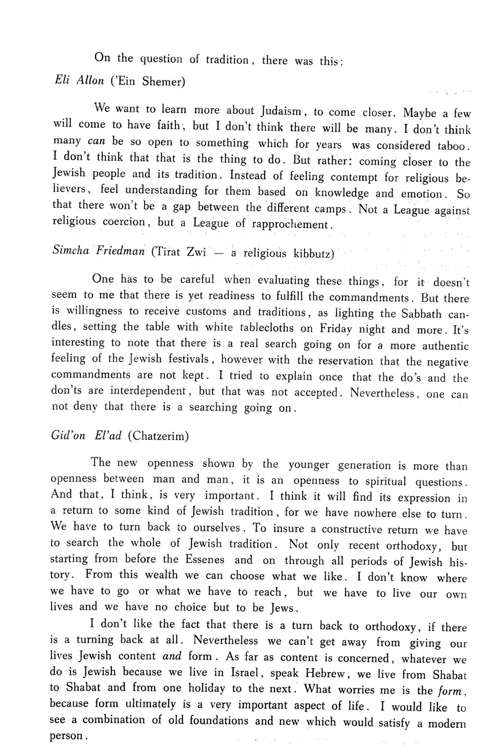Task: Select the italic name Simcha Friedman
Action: coord(98,252)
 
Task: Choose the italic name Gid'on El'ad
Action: coord(86,435)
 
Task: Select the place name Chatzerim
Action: coord(159,436)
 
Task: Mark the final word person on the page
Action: coord(67,736)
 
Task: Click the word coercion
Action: coord(124,222)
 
